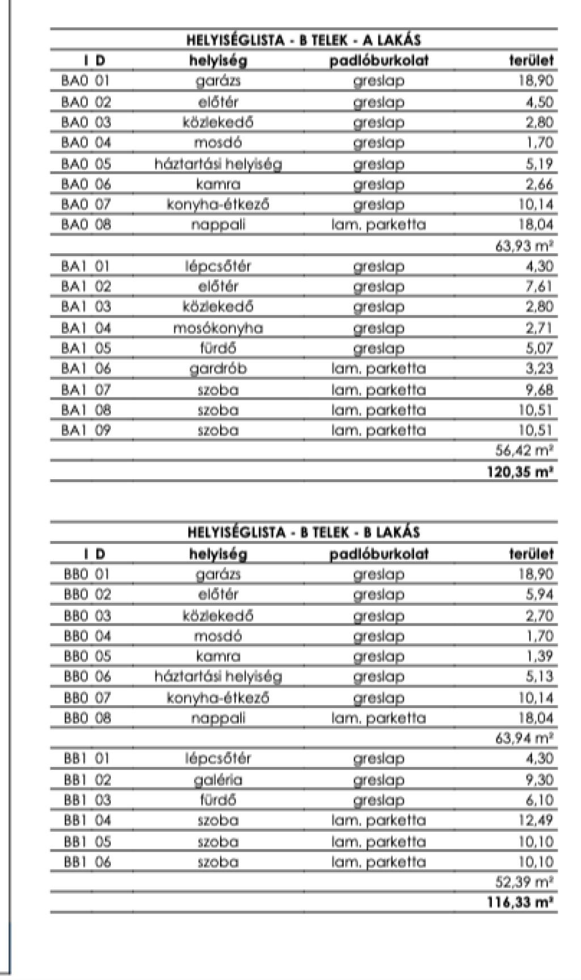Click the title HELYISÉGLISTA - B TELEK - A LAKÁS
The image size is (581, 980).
tap(304, 40)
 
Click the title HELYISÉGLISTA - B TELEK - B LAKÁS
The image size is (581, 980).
tap(304, 533)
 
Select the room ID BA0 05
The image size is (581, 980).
tap(86, 164)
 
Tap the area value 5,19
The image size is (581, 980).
tap(538, 164)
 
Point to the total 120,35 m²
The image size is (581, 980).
tap(520, 472)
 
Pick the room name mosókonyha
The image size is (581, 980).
tap(218, 328)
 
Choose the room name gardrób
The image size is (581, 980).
tap(218, 368)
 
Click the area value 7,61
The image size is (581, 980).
tap(538, 286)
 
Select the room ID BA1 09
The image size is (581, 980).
tap(86, 430)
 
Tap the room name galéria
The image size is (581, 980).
tap(218, 780)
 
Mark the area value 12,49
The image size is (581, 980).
tap(536, 820)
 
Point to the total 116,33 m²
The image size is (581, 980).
tap(520, 902)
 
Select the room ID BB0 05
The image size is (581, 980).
tap(87, 656)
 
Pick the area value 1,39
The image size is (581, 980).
tap(538, 656)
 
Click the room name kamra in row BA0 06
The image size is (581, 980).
tap(218, 185)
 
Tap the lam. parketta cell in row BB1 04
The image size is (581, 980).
tap(378, 820)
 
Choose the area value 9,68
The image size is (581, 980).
tap(538, 390)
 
